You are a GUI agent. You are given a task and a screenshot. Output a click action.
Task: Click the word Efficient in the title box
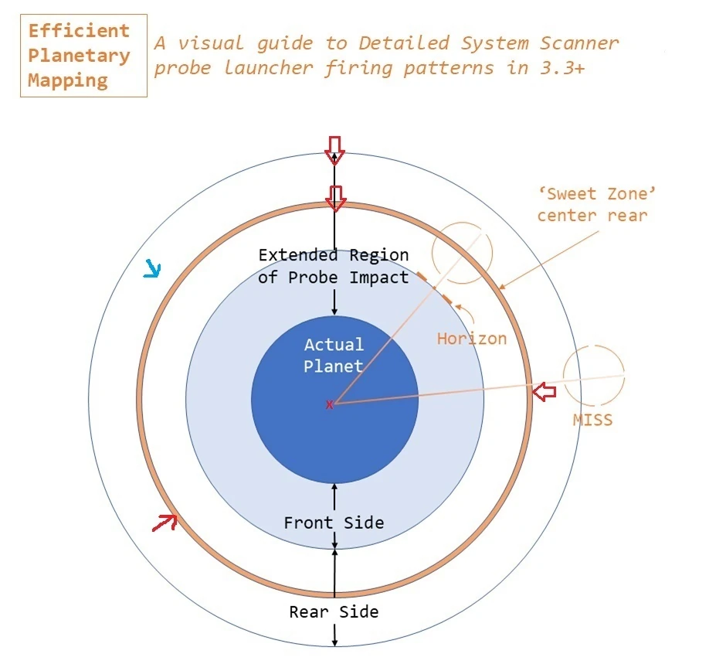pyautogui.click(x=79, y=31)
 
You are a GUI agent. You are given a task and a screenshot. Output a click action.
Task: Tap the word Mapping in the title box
pyautogui.click(x=68, y=80)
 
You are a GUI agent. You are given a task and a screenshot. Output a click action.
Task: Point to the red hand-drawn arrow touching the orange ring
pyautogui.click(x=165, y=523)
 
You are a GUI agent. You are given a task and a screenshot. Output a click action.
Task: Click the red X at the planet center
pyautogui.click(x=329, y=405)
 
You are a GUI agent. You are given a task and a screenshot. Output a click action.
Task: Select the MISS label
pyautogui.click(x=592, y=420)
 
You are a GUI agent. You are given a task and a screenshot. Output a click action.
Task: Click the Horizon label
pyautogui.click(x=472, y=339)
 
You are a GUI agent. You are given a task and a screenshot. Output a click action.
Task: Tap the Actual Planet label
pyautogui.click(x=334, y=356)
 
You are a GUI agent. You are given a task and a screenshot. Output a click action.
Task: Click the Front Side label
pyautogui.click(x=334, y=523)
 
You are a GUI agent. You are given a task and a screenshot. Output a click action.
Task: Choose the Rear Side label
pyautogui.click(x=334, y=611)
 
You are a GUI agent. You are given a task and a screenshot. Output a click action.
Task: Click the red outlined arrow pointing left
pyautogui.click(x=544, y=392)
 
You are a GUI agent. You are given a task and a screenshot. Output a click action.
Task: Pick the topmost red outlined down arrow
pyautogui.click(x=334, y=151)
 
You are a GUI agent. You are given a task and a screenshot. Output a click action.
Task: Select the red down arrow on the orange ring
pyautogui.click(x=335, y=199)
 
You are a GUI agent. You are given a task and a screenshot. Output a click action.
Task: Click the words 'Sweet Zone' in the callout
pyautogui.click(x=597, y=193)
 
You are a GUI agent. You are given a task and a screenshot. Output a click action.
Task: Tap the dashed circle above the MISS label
pyautogui.click(x=594, y=376)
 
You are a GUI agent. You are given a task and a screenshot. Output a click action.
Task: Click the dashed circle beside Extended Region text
pyautogui.click(x=462, y=253)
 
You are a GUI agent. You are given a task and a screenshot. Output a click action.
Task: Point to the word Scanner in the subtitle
pyautogui.click(x=579, y=43)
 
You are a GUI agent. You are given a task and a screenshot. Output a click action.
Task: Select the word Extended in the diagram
pyautogui.click(x=298, y=255)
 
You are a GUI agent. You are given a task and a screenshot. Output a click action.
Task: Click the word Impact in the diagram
pyautogui.click(x=379, y=278)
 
